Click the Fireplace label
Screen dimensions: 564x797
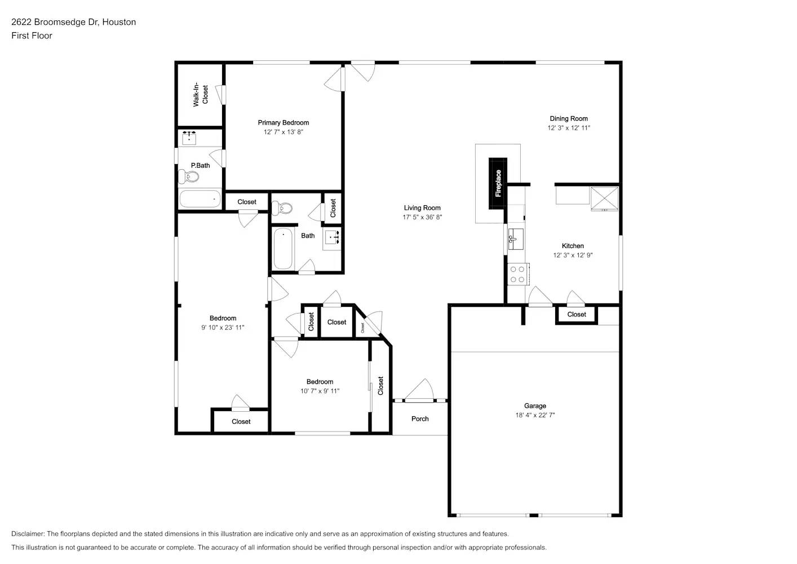coord(498,183)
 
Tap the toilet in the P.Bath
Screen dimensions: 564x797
coord(189,177)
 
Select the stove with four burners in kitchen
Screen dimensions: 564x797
coord(517,275)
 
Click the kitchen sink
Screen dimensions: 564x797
coord(516,239)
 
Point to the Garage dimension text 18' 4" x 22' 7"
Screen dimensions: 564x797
coord(535,415)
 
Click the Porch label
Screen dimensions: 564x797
coord(420,419)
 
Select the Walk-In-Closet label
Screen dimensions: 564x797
coord(201,95)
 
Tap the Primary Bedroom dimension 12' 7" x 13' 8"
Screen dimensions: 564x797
coord(284,132)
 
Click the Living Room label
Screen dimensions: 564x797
coord(422,208)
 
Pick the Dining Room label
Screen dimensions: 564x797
coord(569,118)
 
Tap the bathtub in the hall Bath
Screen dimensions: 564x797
coord(283,249)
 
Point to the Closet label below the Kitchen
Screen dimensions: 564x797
coord(577,315)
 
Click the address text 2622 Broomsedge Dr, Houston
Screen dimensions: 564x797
coord(74,22)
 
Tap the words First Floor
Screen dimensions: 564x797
coord(32,36)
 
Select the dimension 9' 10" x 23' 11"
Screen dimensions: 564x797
coord(223,328)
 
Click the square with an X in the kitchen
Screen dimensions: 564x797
coord(604,197)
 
